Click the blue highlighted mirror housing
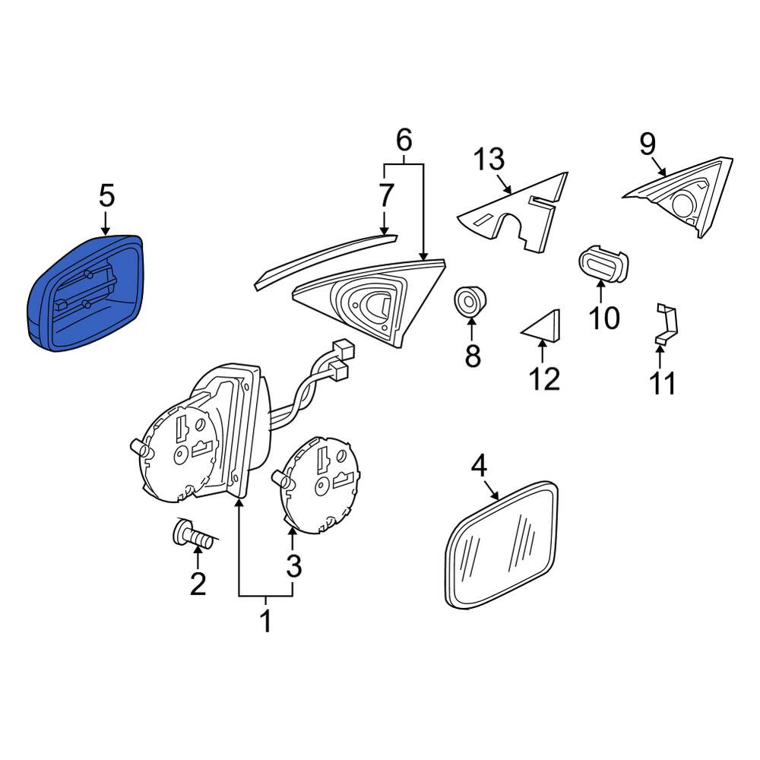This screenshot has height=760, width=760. point(85,293)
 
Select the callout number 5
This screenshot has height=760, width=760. point(106,196)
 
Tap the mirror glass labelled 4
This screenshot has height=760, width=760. point(501,544)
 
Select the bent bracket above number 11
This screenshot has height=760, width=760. point(667,324)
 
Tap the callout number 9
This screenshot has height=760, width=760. point(648,144)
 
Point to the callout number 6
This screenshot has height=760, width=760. point(404,140)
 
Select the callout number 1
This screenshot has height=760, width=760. point(265,621)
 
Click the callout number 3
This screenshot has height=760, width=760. point(293,565)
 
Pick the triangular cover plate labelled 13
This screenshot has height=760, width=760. point(513,212)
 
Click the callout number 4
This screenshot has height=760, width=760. point(478,466)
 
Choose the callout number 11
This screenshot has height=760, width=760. point(663,383)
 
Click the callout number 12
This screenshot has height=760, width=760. point(545,378)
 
